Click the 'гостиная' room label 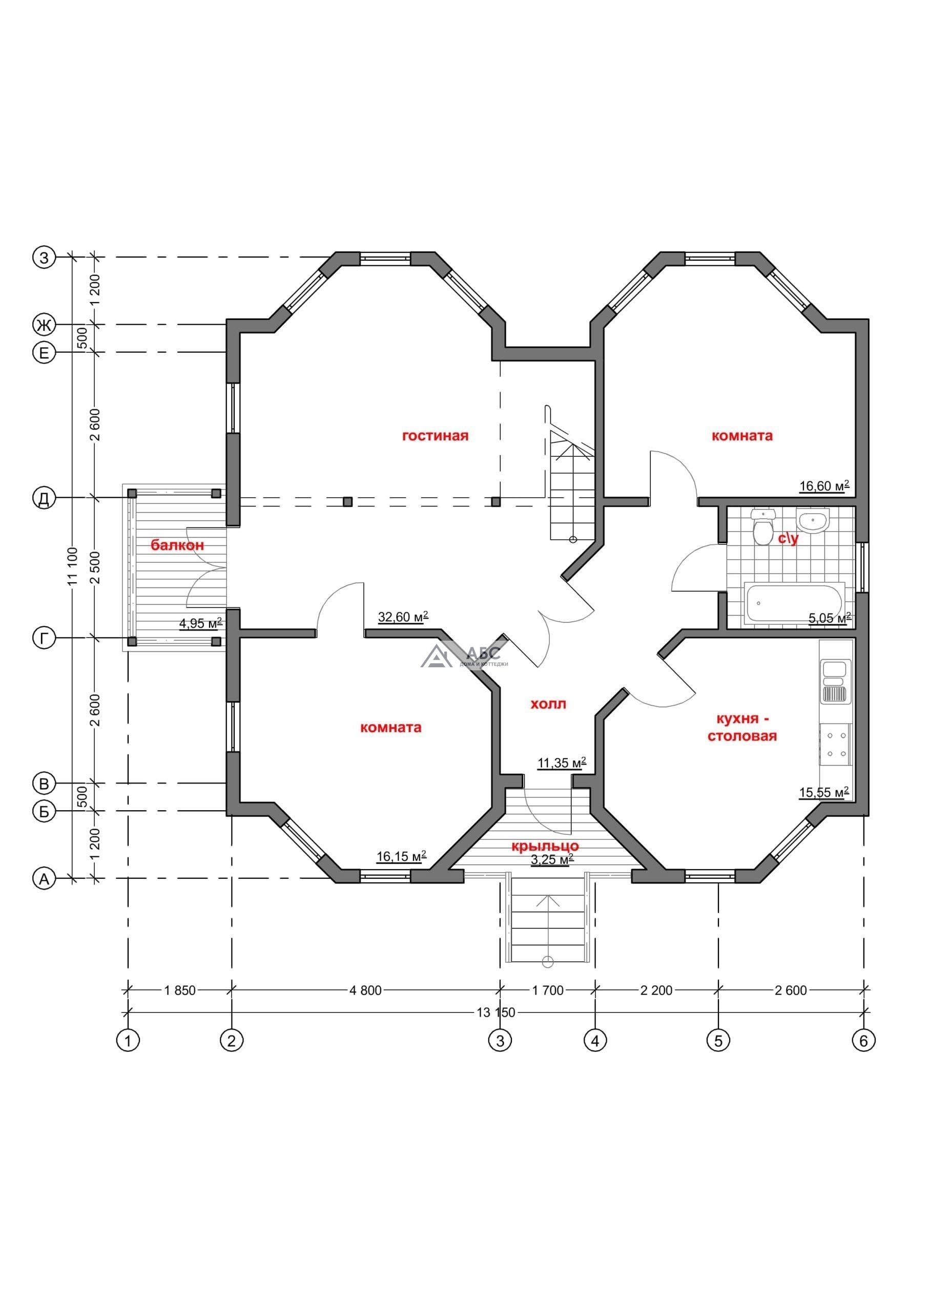click(x=436, y=436)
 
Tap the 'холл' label click(x=549, y=704)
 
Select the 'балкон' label click(x=177, y=545)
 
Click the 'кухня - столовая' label click(x=743, y=727)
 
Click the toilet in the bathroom click(x=762, y=526)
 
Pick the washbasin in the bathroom click(x=812, y=522)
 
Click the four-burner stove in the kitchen click(x=835, y=745)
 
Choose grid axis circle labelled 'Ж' click(x=44, y=326)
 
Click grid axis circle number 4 click(x=595, y=1041)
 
